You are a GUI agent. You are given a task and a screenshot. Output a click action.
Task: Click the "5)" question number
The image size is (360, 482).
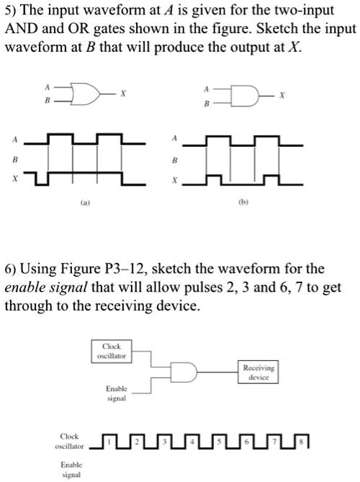(x=12, y=10)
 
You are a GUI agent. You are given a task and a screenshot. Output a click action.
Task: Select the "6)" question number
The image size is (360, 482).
(x=12, y=269)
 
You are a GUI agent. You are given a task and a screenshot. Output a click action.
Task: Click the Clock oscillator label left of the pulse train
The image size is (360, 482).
(x=69, y=440)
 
